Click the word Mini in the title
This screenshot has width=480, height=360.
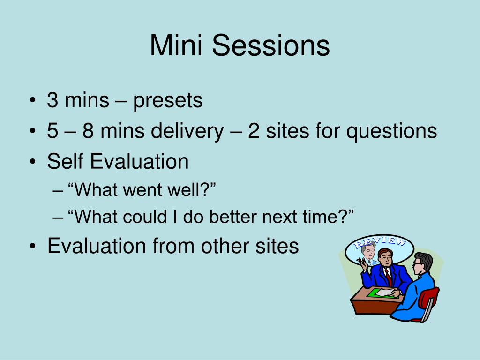point(176,45)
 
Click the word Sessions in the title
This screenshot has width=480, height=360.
point(271,45)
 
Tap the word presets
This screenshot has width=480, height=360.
point(168,101)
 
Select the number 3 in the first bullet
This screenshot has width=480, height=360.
point(52,100)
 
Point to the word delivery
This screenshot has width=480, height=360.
point(187,131)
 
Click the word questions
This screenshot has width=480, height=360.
point(391,132)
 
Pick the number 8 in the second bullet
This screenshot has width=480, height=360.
point(88,131)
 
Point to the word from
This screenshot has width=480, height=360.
point(173,246)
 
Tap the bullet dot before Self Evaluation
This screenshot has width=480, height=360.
point(33,162)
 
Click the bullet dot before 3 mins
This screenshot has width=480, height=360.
point(33,101)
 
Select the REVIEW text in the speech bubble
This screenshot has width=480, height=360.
point(380,242)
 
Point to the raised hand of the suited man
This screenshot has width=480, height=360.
point(363,263)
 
